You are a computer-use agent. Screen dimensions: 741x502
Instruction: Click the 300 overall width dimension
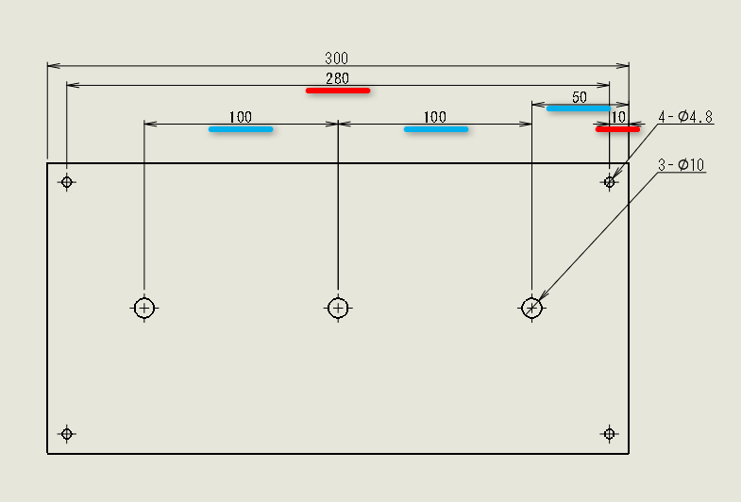coord(336,59)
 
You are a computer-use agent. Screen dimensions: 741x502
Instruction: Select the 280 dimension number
coord(337,78)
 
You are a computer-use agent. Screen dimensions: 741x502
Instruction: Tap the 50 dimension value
coord(580,97)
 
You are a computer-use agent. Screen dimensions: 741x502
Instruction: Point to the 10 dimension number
coord(618,117)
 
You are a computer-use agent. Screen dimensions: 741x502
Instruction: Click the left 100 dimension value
coord(241,117)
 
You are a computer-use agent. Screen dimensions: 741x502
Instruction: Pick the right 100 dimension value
coord(435,117)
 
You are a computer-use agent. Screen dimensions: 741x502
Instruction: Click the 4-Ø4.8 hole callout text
coord(685,117)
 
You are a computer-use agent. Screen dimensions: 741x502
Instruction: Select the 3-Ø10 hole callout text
coord(681,165)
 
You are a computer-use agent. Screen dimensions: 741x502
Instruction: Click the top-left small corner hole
coord(67,182)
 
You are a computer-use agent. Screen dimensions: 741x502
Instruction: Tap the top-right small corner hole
coord(610,182)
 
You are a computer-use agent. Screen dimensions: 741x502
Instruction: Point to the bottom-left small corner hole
coord(67,433)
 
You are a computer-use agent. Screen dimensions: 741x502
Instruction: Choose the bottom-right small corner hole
coord(610,433)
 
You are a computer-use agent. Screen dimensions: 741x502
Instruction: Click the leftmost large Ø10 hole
coord(144,298)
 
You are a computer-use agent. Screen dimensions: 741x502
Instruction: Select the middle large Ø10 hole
coord(338,298)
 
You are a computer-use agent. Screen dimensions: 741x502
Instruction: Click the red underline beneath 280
coord(338,91)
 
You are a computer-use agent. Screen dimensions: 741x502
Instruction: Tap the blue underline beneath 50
coord(579,109)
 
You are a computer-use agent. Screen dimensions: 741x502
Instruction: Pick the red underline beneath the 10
coord(617,129)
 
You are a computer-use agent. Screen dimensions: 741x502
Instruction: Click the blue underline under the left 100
coord(241,129)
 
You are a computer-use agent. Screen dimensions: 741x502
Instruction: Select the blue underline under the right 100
coord(436,129)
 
